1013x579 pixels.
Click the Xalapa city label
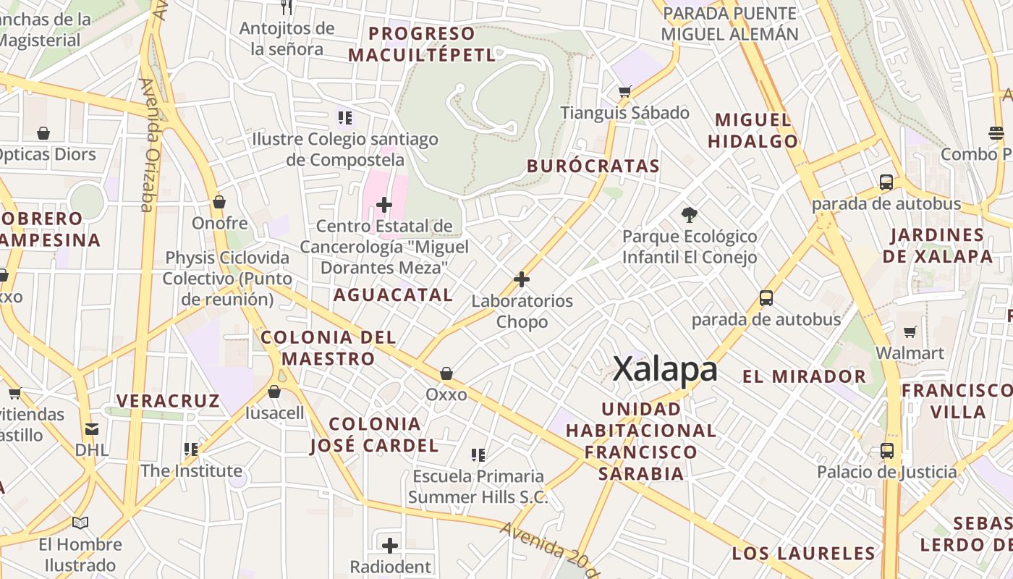[x=665, y=369]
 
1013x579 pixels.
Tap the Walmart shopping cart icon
[x=910, y=331]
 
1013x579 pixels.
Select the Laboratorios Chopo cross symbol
[x=521, y=279]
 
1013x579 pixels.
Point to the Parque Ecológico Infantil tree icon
[x=690, y=214]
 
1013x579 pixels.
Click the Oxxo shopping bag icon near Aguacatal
[x=446, y=373]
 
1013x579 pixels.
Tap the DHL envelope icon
[x=91, y=428]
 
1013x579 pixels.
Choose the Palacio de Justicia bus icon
[x=887, y=450]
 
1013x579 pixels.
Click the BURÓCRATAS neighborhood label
[x=593, y=166]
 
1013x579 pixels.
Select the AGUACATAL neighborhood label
[x=393, y=295]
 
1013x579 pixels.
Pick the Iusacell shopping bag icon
[x=274, y=392]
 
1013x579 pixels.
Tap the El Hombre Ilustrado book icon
[x=80, y=523]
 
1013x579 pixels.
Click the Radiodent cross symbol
[x=390, y=545]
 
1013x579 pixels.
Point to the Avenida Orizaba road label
[x=148, y=145]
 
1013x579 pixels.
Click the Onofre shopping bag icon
[x=219, y=202]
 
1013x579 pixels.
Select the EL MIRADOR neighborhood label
[x=804, y=376]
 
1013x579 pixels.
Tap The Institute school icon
[x=191, y=449]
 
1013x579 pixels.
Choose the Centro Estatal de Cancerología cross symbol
[x=384, y=206]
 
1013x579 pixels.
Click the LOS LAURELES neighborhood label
[x=803, y=554]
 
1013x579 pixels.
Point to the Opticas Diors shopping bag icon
[x=43, y=133]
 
